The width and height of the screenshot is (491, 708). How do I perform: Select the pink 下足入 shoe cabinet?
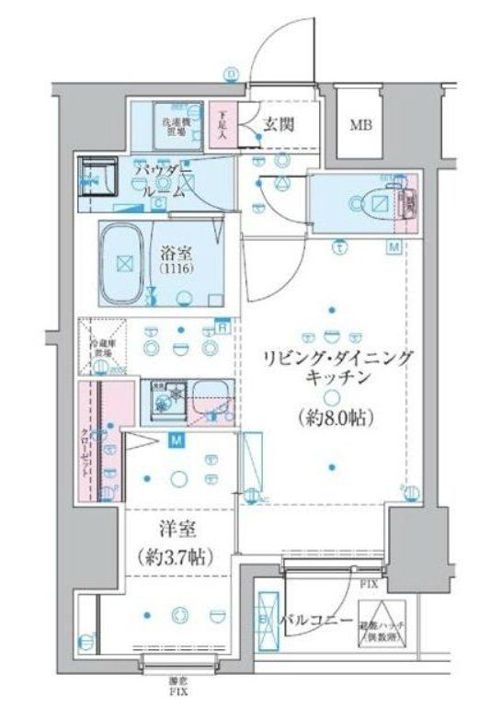[222, 125]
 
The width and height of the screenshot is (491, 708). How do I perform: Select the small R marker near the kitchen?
[223, 324]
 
